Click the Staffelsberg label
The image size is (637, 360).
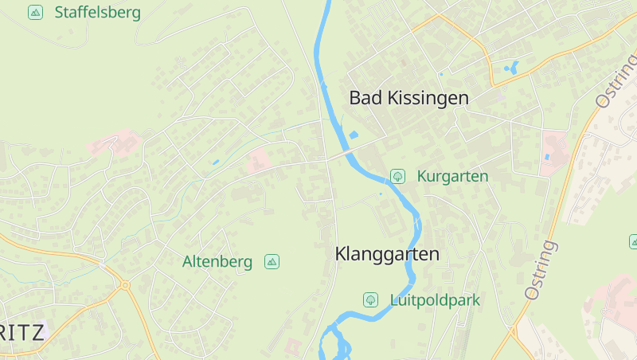click(97, 13)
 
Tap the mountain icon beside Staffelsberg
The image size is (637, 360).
click(35, 12)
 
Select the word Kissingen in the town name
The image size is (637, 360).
click(428, 98)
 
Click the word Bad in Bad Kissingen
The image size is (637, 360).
click(365, 98)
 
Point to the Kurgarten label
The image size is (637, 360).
click(452, 176)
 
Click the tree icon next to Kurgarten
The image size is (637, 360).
click(397, 176)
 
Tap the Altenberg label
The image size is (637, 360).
click(217, 261)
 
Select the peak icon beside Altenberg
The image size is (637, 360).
click(272, 261)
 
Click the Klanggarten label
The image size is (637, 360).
click(387, 254)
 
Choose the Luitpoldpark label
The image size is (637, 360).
click(435, 300)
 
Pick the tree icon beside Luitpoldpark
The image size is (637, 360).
click(370, 300)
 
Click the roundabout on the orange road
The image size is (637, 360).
click(123, 284)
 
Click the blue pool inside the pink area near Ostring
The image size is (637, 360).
click(546, 157)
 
